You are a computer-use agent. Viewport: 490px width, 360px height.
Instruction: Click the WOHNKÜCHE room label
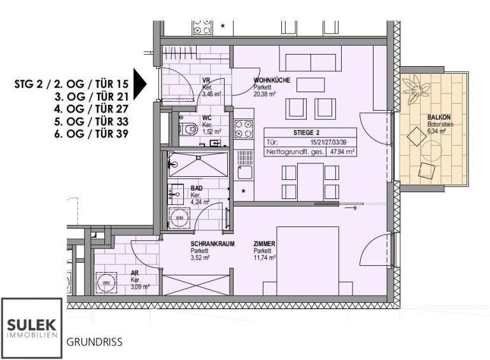coord(272,80)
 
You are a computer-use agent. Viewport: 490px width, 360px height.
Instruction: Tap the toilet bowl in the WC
coord(188,128)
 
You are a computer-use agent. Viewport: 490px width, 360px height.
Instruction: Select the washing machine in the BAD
coord(179,218)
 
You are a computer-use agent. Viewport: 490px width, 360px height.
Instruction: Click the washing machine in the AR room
coord(106,283)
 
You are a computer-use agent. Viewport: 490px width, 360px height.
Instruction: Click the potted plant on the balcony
coord(416,88)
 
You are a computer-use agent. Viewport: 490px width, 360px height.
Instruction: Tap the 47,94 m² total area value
coord(341,152)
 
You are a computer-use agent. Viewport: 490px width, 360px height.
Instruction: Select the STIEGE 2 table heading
coord(306,133)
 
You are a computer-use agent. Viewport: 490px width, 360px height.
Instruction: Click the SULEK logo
coord(32,328)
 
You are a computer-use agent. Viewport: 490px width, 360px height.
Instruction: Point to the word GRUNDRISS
coord(94,342)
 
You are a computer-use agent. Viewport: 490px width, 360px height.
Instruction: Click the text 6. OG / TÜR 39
coord(91,134)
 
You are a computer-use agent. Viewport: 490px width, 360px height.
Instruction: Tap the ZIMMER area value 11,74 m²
coord(264,258)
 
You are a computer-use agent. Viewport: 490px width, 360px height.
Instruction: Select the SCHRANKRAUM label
coord(213,244)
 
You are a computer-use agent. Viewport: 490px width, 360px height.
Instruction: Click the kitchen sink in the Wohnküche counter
coord(244,172)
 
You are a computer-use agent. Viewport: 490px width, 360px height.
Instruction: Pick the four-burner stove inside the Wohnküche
coord(244,129)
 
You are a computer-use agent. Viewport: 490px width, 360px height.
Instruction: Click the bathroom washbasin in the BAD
coord(176,194)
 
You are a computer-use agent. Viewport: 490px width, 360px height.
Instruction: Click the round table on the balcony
coord(431,150)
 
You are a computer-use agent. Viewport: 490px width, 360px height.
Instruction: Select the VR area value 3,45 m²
coord(212,93)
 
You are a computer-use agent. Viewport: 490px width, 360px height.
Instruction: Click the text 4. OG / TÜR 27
coord(91,109)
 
